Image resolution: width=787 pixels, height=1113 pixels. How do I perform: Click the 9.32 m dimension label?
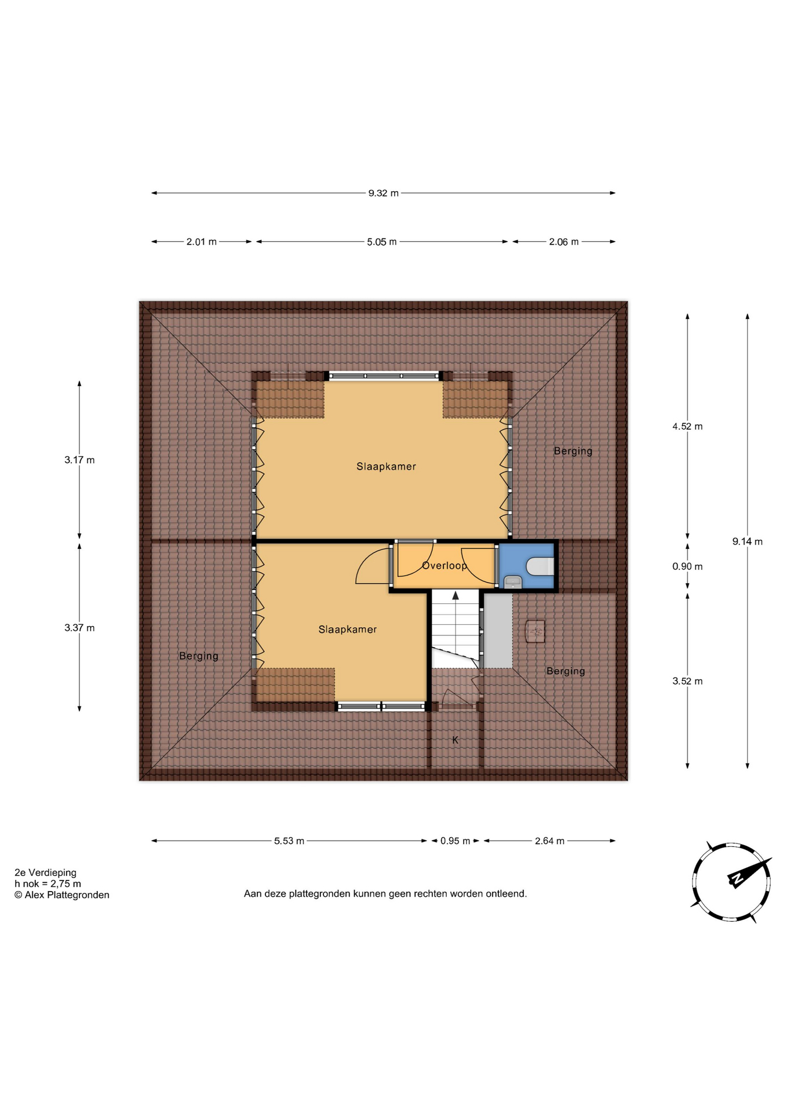tap(383, 193)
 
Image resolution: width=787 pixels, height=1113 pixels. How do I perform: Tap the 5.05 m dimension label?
tap(381, 242)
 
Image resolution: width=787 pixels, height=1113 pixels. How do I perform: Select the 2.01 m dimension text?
tap(201, 242)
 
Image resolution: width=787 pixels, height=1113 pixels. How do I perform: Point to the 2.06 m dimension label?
tap(564, 242)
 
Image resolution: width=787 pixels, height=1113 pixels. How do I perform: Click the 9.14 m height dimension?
tap(747, 541)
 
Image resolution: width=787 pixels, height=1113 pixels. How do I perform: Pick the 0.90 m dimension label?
tap(687, 566)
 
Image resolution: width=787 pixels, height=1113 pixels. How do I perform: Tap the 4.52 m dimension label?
tap(687, 426)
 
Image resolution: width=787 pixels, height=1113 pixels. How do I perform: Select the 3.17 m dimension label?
tap(79, 460)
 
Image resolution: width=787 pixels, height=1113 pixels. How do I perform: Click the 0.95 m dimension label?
tap(455, 841)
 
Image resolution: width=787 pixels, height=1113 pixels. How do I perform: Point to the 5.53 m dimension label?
tap(289, 841)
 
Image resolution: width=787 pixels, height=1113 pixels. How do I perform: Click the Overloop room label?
tap(444, 566)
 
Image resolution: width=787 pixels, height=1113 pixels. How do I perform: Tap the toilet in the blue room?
tap(540, 566)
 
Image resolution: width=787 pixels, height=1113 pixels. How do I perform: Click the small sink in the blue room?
tap(513, 582)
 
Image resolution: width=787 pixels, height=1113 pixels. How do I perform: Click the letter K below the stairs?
tap(455, 740)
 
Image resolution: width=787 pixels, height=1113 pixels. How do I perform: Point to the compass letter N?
tap(737, 879)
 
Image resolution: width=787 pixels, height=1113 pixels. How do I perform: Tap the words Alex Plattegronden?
tap(67, 895)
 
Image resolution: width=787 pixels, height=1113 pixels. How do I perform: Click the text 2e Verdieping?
tap(45, 872)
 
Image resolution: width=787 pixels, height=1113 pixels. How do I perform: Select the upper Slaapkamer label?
tap(386, 467)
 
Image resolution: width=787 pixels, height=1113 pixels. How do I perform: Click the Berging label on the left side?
tap(199, 656)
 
